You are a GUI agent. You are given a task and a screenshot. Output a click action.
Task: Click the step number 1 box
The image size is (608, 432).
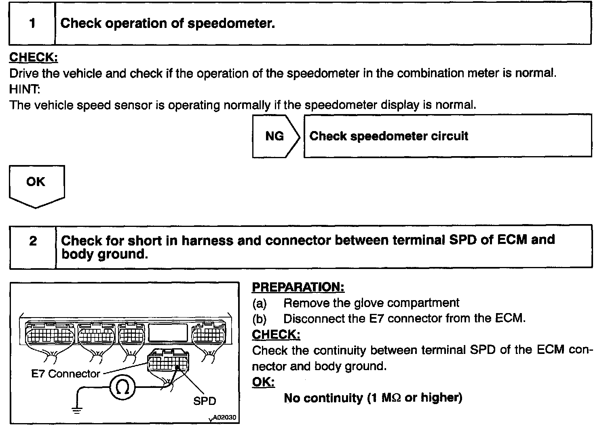click(32, 23)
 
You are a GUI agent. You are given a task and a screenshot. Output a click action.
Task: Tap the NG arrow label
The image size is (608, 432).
click(275, 136)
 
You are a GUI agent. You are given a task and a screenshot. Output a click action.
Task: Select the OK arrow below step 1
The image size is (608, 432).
click(36, 184)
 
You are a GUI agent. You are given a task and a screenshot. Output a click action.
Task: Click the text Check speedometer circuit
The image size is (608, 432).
click(388, 136)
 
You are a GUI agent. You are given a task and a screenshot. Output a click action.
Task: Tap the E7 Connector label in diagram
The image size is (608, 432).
click(65, 374)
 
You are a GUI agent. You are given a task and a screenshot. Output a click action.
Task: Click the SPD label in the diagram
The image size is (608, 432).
click(205, 401)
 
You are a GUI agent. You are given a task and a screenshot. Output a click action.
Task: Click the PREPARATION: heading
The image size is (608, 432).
click(298, 287)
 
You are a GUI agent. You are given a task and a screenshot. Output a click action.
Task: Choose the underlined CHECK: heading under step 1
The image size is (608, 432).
click(34, 57)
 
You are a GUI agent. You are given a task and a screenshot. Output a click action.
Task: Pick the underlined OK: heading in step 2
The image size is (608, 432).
click(263, 382)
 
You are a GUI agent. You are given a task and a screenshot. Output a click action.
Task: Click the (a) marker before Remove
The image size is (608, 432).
click(260, 303)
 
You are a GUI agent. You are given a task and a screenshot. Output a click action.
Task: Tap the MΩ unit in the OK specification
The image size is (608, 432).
click(391, 398)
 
